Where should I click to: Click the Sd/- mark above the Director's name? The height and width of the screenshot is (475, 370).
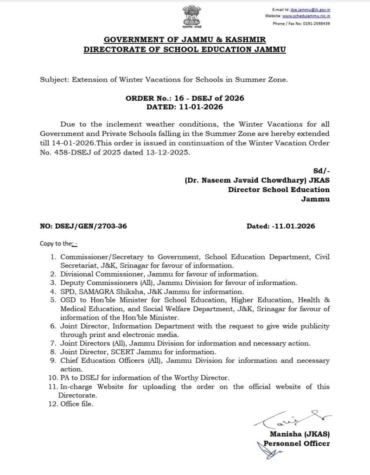tap(321, 172)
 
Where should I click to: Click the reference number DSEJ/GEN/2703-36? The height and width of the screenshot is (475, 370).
tap(92, 226)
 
